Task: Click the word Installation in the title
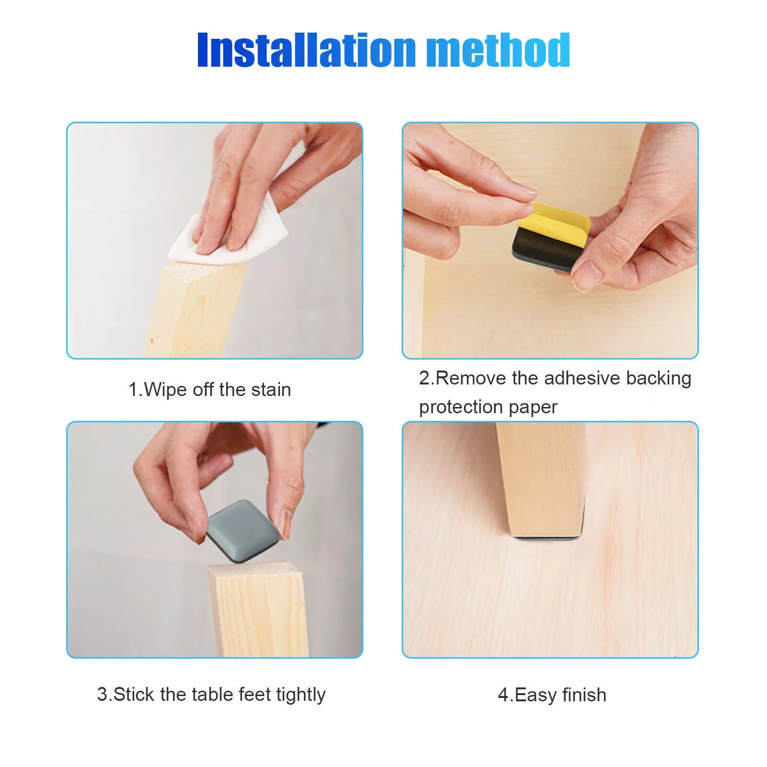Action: (x=306, y=49)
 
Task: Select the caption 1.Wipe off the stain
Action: (x=209, y=389)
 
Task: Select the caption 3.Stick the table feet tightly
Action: (x=211, y=695)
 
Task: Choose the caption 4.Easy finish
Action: (x=552, y=695)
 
